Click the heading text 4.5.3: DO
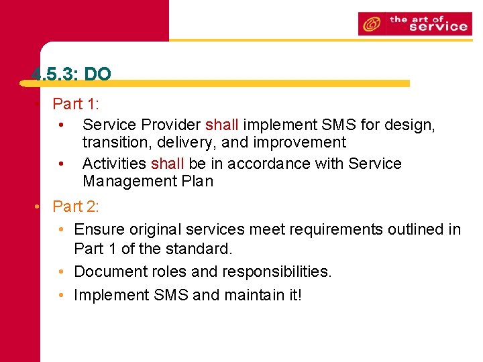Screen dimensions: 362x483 click(x=71, y=74)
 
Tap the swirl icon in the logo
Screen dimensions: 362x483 click(x=370, y=25)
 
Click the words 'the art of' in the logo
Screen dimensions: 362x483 click(x=416, y=19)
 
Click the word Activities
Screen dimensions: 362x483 click(x=114, y=164)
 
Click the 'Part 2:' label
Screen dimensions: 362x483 click(x=76, y=206)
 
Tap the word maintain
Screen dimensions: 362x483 click(x=257, y=295)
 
